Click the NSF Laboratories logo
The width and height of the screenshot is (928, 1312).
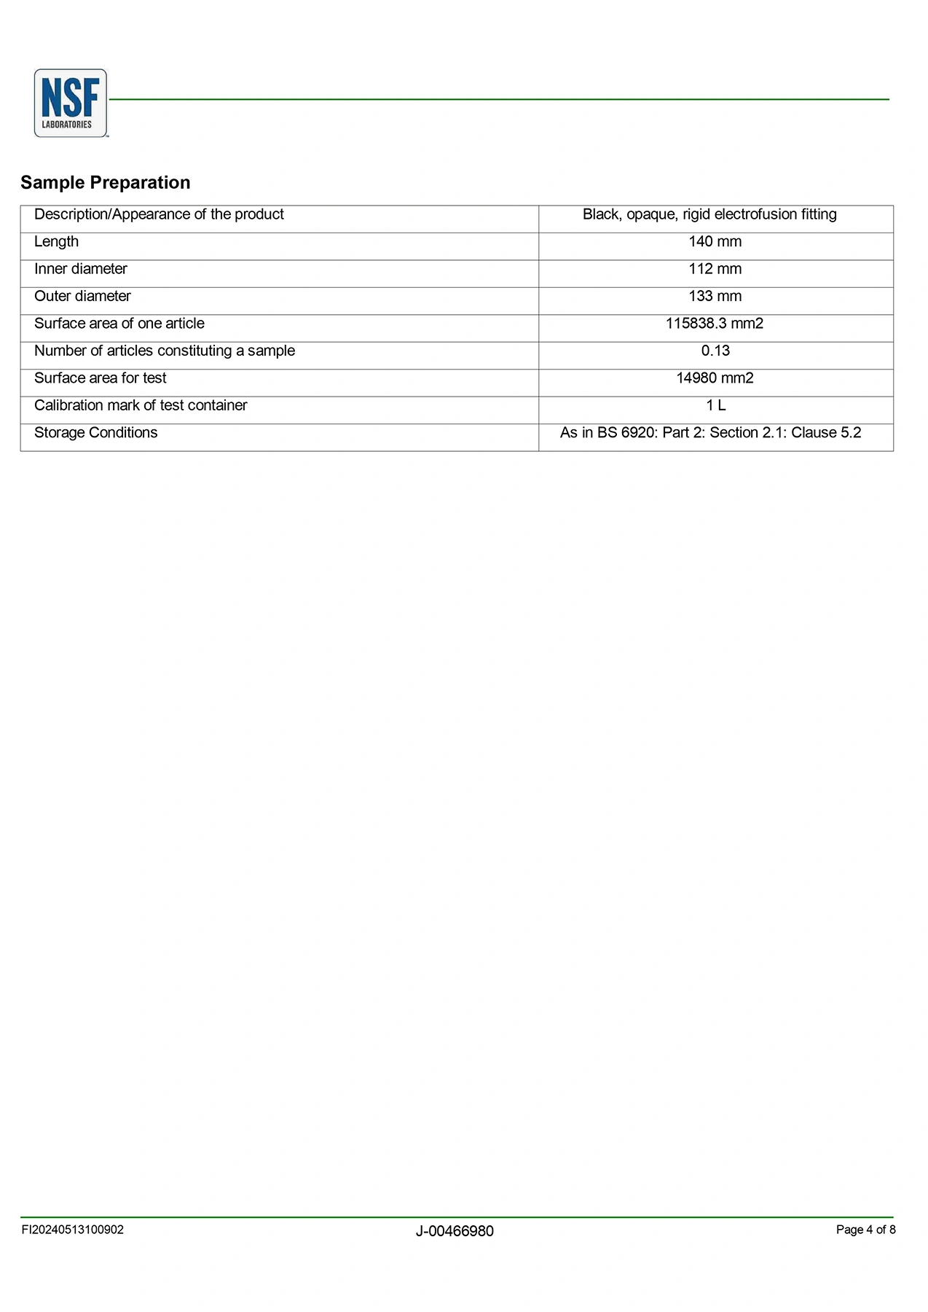[x=71, y=103]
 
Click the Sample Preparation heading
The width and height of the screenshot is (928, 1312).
[x=106, y=182]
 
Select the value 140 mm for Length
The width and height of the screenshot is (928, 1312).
[x=715, y=242]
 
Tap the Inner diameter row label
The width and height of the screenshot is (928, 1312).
[x=81, y=269]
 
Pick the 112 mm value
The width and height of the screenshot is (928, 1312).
[x=715, y=269]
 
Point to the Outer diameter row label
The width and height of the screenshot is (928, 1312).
[x=82, y=296]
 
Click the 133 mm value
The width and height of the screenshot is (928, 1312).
[x=715, y=296]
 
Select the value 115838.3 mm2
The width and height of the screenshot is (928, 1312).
[x=714, y=324]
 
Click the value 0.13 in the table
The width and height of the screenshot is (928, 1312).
[x=715, y=351]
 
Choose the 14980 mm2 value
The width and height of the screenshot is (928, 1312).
[x=715, y=378]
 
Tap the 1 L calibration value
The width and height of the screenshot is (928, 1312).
[x=715, y=405]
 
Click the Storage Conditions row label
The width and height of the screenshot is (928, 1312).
[x=95, y=433]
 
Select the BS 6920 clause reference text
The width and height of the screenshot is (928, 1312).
[x=710, y=433]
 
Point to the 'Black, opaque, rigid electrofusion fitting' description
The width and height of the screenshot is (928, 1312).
[x=709, y=214]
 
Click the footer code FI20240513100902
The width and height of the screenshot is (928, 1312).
[x=72, y=1230]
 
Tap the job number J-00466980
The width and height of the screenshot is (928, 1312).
[x=455, y=1231]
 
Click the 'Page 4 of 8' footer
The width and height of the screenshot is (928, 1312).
[x=865, y=1230]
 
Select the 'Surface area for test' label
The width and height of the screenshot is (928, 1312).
[x=101, y=378]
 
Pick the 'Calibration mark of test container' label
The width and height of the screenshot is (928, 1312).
[x=141, y=405]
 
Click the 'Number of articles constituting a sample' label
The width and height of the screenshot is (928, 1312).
[x=165, y=351]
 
